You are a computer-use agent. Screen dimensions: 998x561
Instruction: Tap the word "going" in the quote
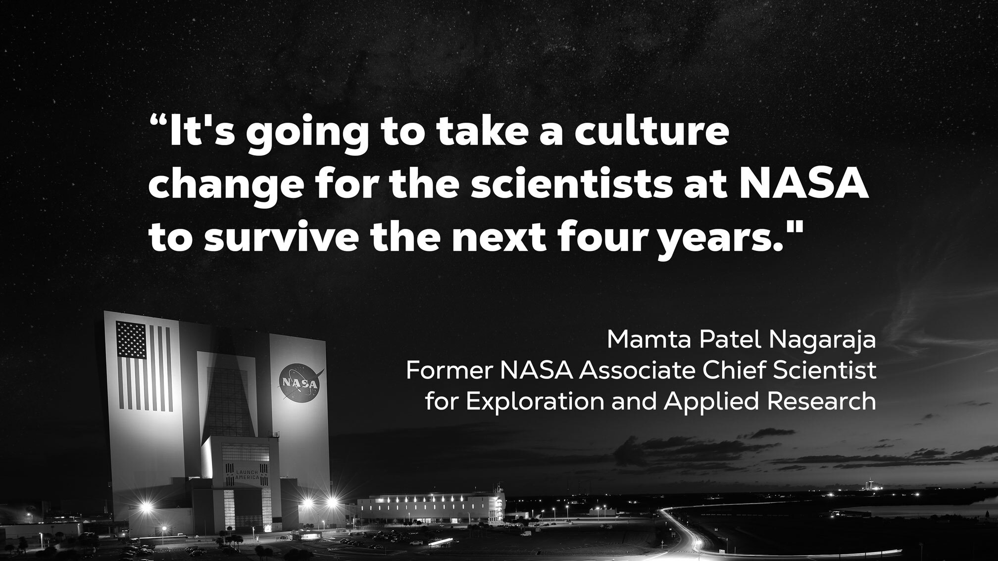(307, 136)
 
